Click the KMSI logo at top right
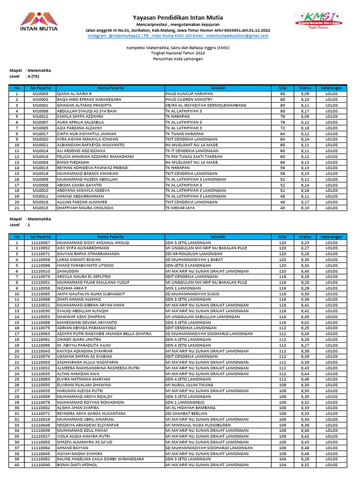tap(317, 21)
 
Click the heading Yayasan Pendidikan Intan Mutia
tap(178, 17)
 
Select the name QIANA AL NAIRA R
tap(74, 94)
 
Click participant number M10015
tap(41, 208)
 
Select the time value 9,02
tap(305, 322)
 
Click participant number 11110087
tap(41, 243)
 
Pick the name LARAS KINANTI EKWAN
tap(79, 260)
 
